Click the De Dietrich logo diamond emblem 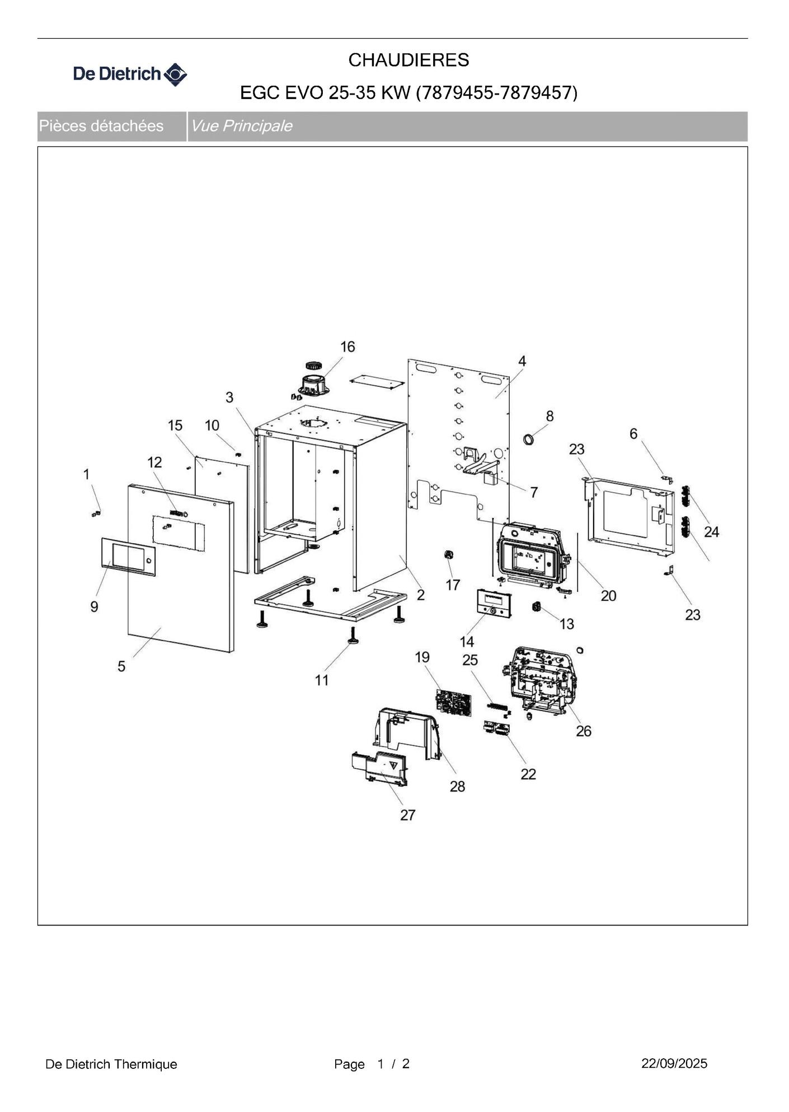pos(176,74)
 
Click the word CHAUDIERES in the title pos(408,60)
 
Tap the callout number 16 pos(347,347)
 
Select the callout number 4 pos(522,361)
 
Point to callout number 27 pos(407,815)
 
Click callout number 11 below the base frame pos(321,680)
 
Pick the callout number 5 pos(121,666)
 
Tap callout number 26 pos(583,731)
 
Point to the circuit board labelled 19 pos(453,702)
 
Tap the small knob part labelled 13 pos(536,606)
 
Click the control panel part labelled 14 pos(494,604)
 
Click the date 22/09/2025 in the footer pos(674,1063)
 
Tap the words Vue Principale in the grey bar pos(242,126)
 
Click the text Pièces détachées pos(101,126)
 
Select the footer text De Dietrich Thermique pos(111,1064)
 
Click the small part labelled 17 pos(448,555)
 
